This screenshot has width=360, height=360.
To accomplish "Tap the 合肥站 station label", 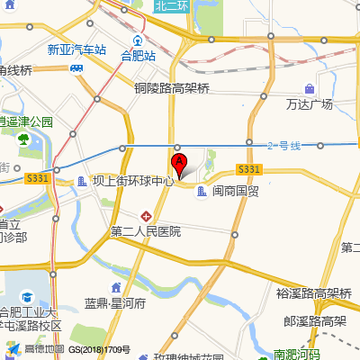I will pos(139,55).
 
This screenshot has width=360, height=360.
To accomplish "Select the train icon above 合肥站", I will pos(138,40).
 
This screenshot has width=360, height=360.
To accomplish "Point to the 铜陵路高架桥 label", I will pos(172,88).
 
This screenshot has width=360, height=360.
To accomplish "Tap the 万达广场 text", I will pos(310,103).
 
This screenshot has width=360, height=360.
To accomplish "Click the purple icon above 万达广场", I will pos(310,89).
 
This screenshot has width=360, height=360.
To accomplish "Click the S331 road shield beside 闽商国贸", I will pos(249,169).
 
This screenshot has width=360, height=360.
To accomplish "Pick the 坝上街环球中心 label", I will pos(132,181).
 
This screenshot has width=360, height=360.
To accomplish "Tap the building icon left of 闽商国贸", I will pos(201,191).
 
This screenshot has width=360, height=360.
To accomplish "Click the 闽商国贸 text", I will pos(236,191).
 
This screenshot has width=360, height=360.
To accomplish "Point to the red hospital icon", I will pos(147,216).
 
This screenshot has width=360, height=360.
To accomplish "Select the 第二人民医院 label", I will pos(146,231).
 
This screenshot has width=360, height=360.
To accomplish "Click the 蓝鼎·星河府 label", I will pos(114,303).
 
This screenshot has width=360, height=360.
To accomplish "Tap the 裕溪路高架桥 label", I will pos(313,292).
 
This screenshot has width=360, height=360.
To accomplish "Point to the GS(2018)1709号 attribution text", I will pos(100,349).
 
